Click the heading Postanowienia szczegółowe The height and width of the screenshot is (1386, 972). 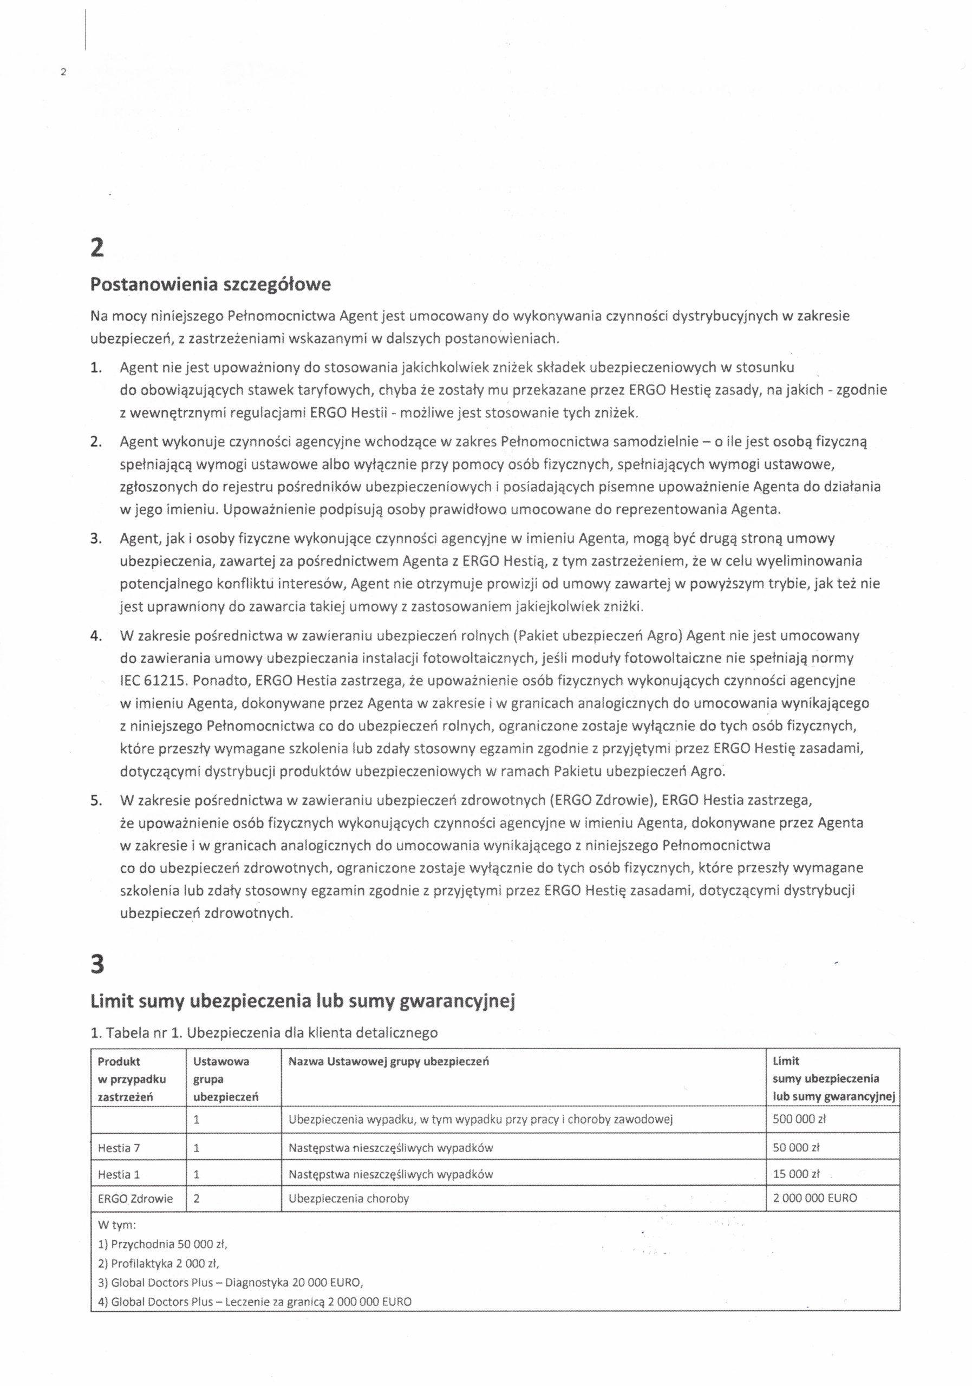pyautogui.click(x=210, y=285)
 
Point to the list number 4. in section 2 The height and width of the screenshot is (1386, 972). pyautogui.click(x=95, y=636)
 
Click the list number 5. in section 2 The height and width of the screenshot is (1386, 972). pyautogui.click(x=95, y=801)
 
